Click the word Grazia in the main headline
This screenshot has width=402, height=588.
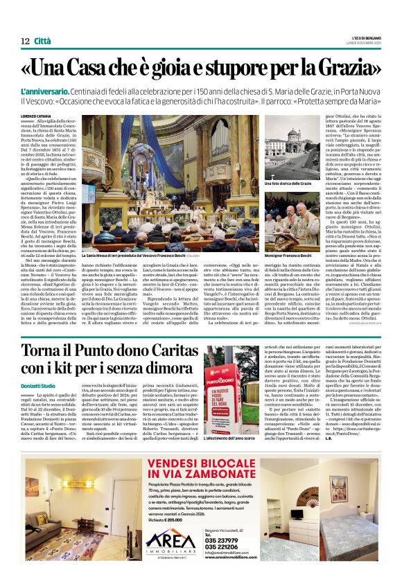(347, 69)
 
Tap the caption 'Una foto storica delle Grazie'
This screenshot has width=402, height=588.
(288, 184)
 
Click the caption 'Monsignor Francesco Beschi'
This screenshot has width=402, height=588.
(284, 256)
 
